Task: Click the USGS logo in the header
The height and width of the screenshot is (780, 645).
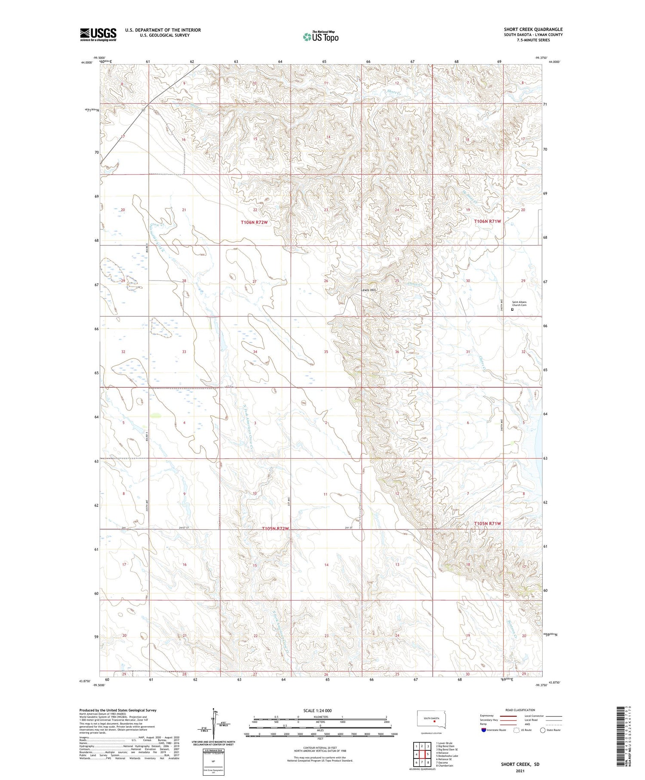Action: [x=98, y=34]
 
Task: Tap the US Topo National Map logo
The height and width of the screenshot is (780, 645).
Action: [x=320, y=37]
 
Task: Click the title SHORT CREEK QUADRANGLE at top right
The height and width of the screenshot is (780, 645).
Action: [x=533, y=29]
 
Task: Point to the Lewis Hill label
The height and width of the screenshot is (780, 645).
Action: [x=368, y=290]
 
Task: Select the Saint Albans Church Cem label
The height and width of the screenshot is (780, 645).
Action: [x=519, y=304]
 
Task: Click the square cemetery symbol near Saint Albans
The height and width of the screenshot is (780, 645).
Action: [x=512, y=309]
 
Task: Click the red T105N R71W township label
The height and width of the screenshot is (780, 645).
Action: [x=488, y=523]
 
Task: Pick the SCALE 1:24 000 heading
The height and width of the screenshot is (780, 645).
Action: [x=317, y=710]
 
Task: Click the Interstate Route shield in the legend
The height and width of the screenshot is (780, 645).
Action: [x=484, y=730]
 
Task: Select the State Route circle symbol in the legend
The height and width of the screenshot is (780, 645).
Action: [x=543, y=730]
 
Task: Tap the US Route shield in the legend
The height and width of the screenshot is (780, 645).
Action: [x=517, y=730]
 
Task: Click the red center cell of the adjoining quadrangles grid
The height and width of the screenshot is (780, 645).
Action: [x=422, y=754]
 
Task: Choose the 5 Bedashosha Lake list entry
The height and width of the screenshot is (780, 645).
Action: [x=447, y=755]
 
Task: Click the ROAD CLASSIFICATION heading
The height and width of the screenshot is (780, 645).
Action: [x=520, y=710]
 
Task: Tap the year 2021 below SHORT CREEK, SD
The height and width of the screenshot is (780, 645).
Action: [x=520, y=771]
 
